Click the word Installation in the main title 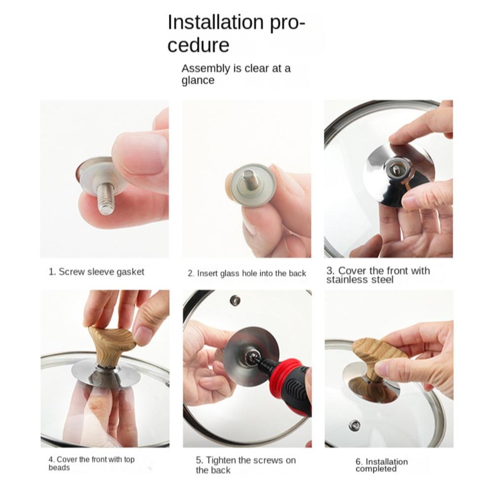[216, 22]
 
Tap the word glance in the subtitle [198, 80]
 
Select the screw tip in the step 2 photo [249, 177]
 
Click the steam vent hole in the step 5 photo [235, 300]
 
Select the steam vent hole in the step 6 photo [354, 425]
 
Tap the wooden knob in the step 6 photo [377, 355]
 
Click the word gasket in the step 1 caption [131, 272]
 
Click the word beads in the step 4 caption [59, 468]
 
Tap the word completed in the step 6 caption [376, 469]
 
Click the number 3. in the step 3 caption [330, 271]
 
